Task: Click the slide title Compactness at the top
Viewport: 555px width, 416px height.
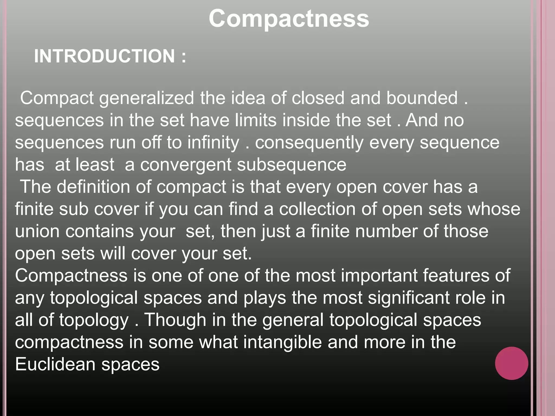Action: [289, 18]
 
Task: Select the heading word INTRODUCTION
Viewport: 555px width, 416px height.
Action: [105, 56]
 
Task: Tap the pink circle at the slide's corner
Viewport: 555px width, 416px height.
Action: [511, 363]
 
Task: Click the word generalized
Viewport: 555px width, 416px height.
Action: [147, 98]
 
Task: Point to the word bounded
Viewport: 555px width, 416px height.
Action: [422, 98]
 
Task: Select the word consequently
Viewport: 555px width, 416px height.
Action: [309, 143]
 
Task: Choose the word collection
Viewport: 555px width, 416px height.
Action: [317, 209]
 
